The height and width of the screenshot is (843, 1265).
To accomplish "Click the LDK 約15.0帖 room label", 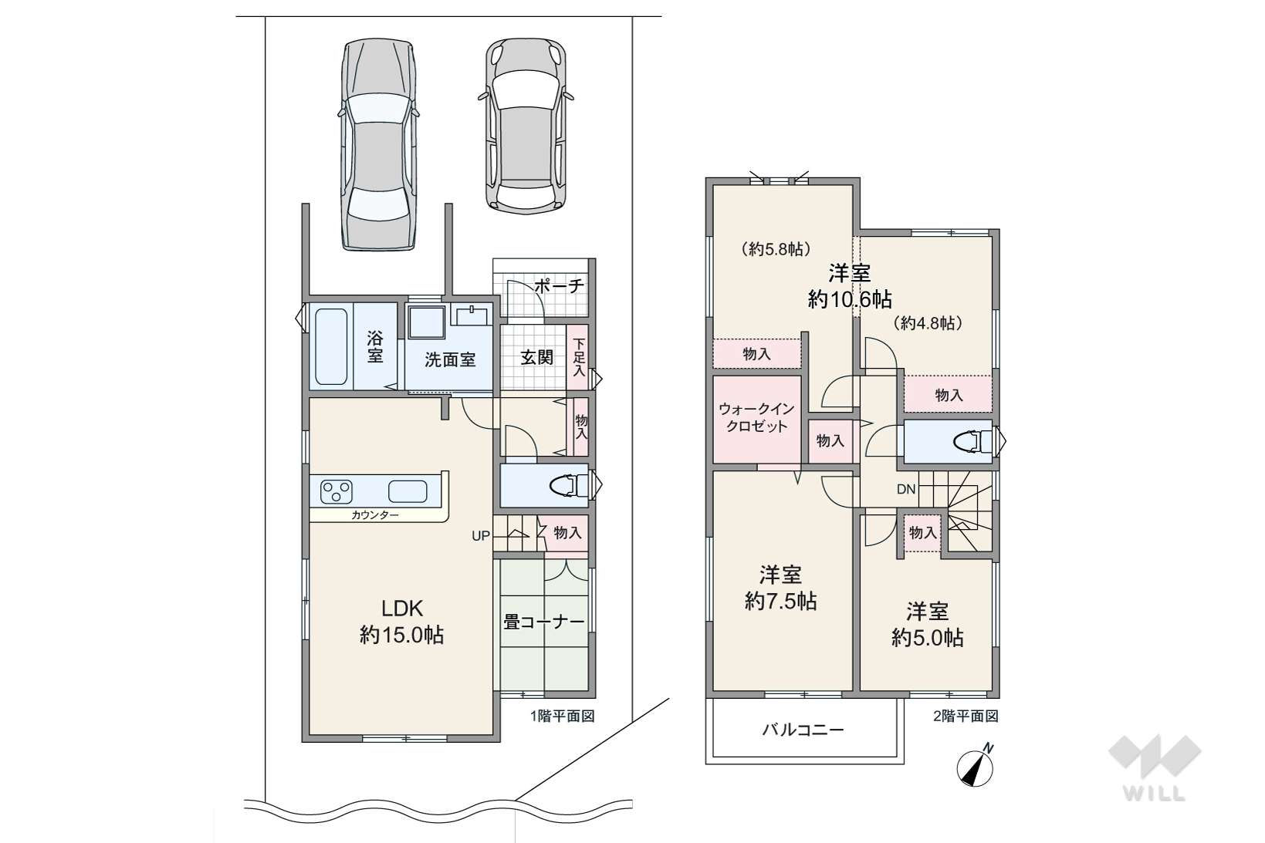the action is (402, 622).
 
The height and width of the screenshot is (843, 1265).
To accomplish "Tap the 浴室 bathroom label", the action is (375, 346).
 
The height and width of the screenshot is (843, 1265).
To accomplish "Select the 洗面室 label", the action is (450, 359).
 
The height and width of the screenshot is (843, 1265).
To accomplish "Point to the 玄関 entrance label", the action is (536, 357).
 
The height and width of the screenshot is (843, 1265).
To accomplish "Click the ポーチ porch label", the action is (559, 286).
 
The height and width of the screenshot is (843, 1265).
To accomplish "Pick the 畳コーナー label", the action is (543, 622).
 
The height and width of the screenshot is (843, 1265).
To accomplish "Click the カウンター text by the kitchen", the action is (375, 514).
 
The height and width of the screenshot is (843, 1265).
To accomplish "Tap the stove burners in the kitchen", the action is (337, 491).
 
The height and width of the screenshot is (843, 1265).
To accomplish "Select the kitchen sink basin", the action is (408, 491).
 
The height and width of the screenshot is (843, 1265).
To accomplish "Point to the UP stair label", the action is (481, 536).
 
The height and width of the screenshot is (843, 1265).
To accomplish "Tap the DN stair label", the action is (906, 489).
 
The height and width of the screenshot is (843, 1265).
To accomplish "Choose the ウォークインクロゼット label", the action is (756, 417).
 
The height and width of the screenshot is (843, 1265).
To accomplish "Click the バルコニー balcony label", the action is (803, 730).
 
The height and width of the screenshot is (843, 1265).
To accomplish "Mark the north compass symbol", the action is (976, 767).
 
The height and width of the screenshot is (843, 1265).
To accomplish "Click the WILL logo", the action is (1155, 767).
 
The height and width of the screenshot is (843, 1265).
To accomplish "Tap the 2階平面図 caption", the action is (965, 716).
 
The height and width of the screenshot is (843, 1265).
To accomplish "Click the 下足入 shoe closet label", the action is (579, 356).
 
